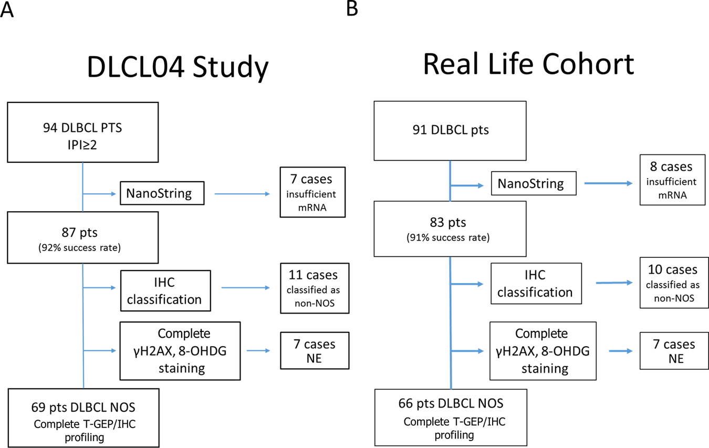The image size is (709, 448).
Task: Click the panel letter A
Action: (x=7, y=9)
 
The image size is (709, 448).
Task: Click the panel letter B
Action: (x=352, y=8)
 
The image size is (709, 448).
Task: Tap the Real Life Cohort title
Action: (x=528, y=64)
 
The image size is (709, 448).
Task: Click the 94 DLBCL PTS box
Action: (x=82, y=132)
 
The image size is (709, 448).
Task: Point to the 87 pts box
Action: (x=82, y=237)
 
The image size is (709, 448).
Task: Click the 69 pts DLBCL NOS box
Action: (x=82, y=417)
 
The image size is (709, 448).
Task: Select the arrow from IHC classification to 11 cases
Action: (x=245, y=288)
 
